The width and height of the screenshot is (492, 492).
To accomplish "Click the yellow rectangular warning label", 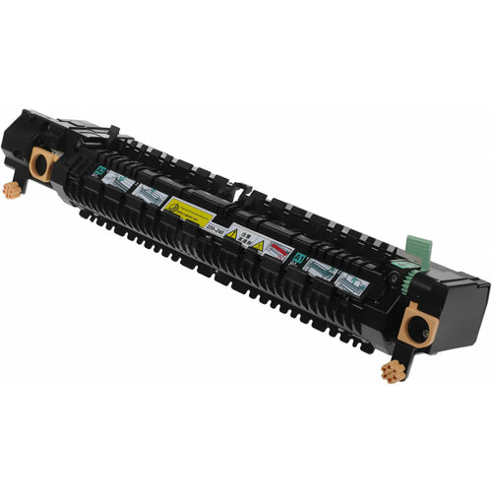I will (188, 209).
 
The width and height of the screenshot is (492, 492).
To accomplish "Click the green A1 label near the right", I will (294, 259).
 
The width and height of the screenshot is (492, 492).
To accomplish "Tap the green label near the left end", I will (99, 171).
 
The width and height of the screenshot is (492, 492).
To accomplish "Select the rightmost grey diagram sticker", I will (350, 282).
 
